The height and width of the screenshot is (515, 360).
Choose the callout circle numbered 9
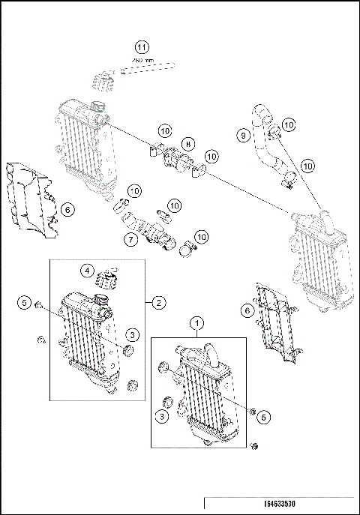(x=242, y=136)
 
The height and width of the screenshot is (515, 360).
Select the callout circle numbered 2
(x=159, y=303)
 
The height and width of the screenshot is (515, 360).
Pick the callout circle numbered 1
(x=197, y=323)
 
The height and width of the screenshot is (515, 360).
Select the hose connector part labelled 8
(x=178, y=159)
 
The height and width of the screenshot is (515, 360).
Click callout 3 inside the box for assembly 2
(x=130, y=334)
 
